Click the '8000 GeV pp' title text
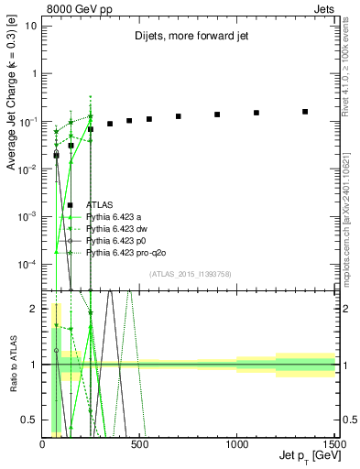pos(79,7)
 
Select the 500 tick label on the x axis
pos(139,443)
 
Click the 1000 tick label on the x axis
pos(236,443)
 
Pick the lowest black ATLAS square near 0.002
pos(71,205)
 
